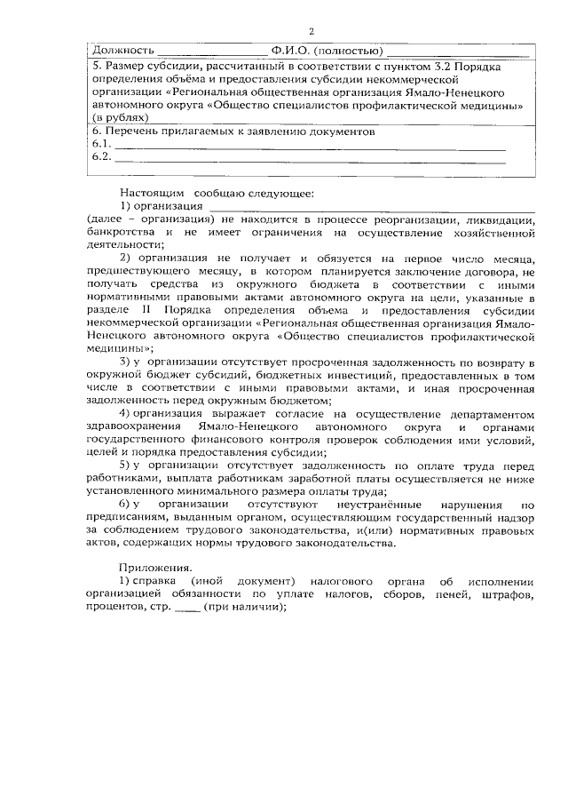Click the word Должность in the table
click(123, 50)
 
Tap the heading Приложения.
click(157, 568)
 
